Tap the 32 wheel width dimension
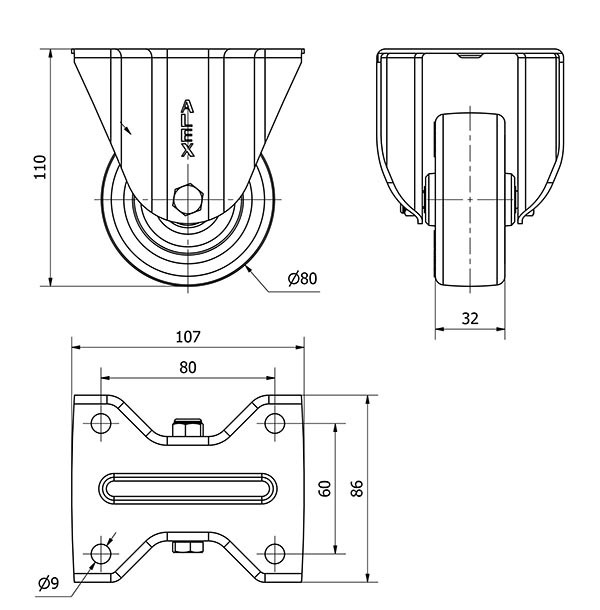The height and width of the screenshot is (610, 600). [x=470, y=319]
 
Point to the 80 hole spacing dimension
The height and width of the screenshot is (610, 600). [x=188, y=367]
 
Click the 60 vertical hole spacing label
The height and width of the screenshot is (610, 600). [x=324, y=489]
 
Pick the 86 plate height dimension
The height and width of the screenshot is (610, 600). [x=357, y=489]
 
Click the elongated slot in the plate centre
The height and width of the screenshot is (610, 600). [x=188, y=488]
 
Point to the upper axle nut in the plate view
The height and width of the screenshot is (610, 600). [x=188, y=431]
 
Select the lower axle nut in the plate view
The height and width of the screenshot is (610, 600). [x=188, y=546]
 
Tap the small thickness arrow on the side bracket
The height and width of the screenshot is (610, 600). [x=127, y=128]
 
